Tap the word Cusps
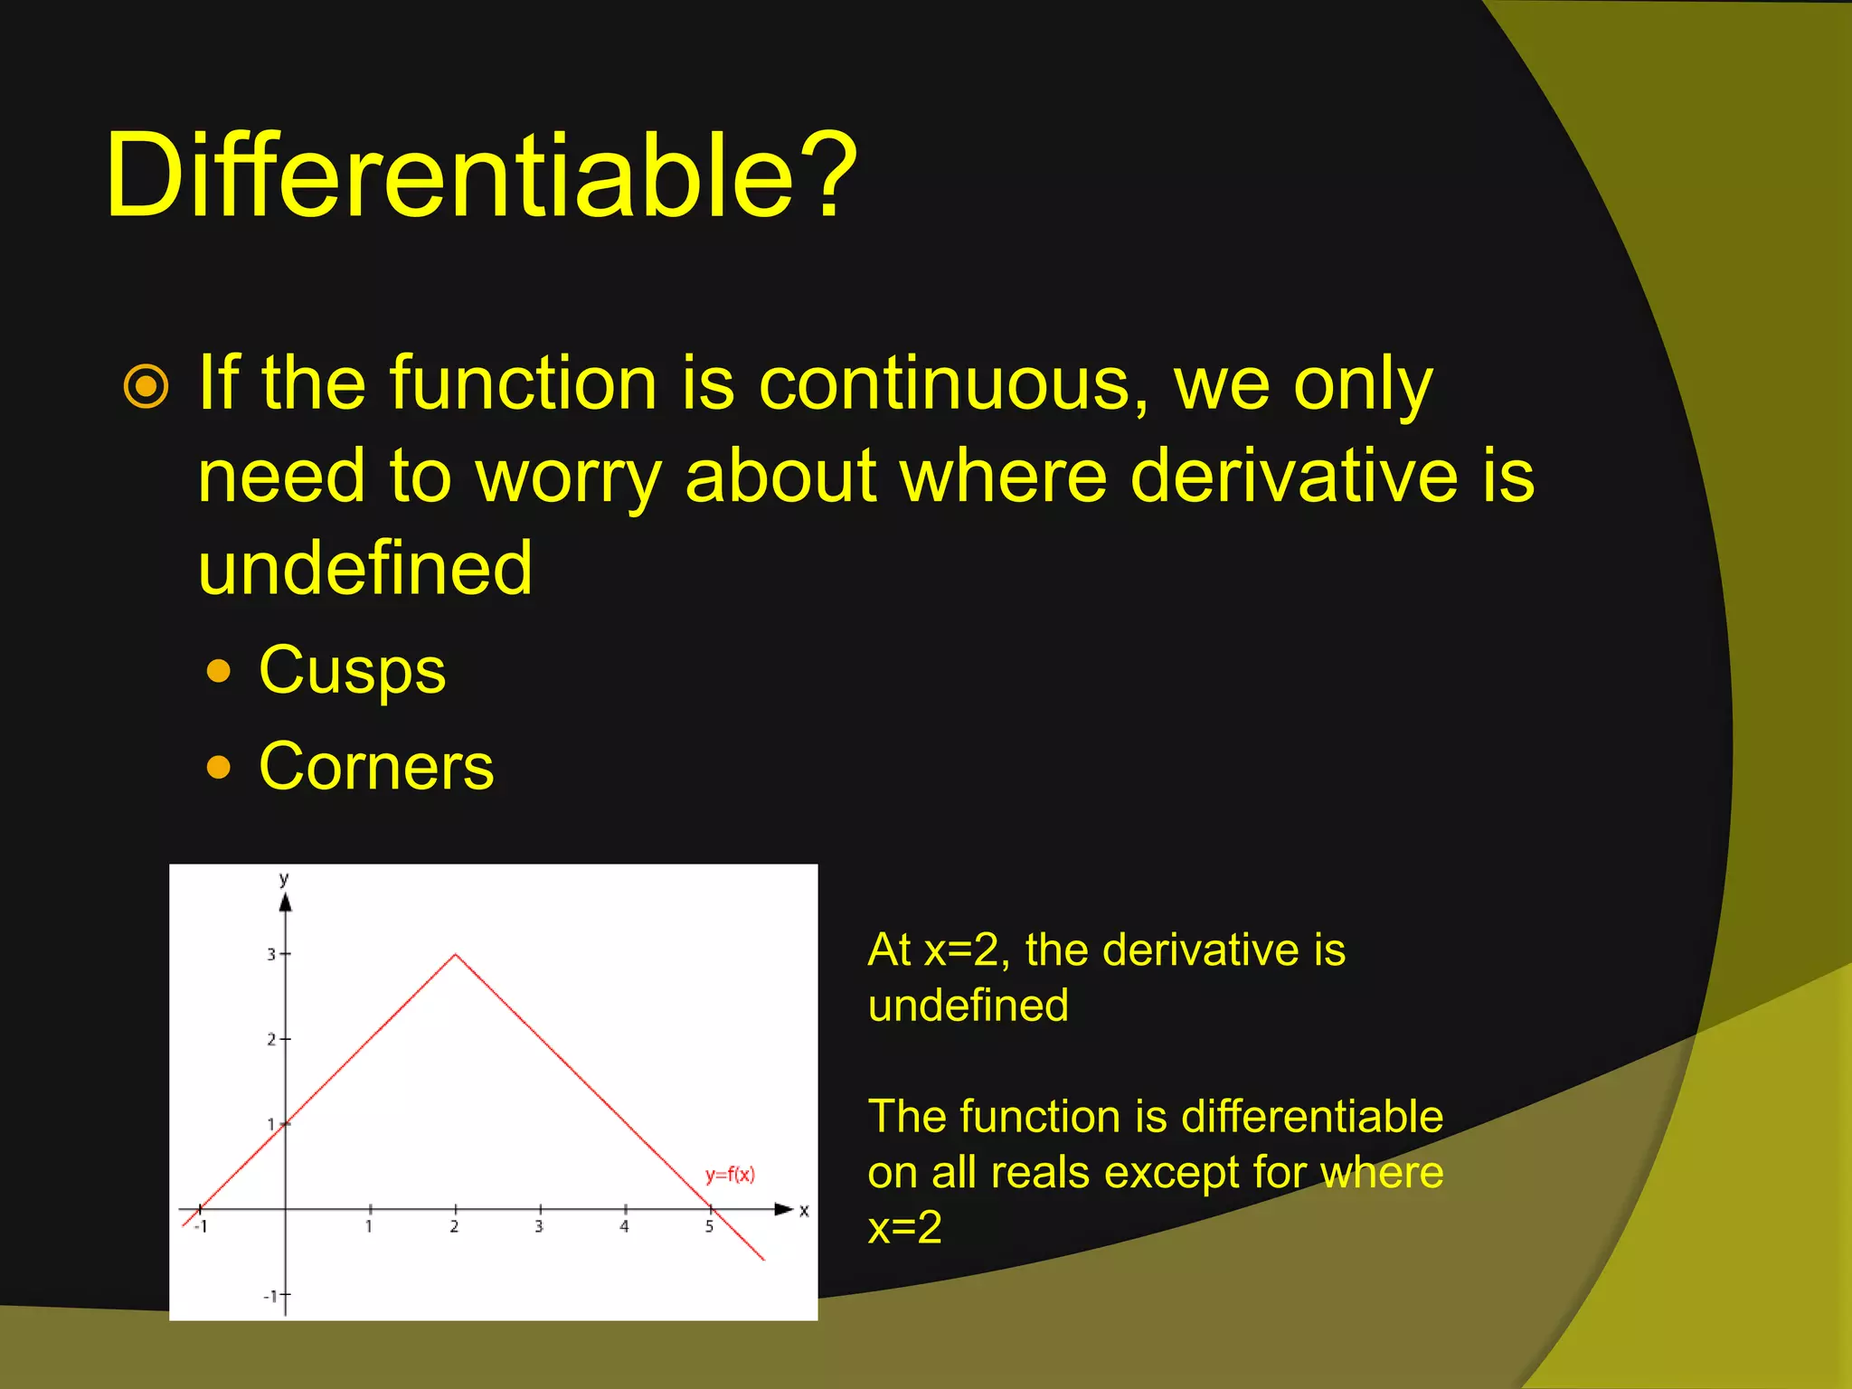352,671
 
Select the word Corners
375,767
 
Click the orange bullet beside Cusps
219,671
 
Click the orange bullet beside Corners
219,768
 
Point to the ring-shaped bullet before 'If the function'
146,387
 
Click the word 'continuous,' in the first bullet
953,383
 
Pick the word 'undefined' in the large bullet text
364,568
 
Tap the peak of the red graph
456,954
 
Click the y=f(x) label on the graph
730,1175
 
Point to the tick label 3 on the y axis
271,954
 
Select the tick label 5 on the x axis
709,1227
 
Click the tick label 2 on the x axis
454,1227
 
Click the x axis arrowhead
784,1209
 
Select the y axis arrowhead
286,902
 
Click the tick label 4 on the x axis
624,1227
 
